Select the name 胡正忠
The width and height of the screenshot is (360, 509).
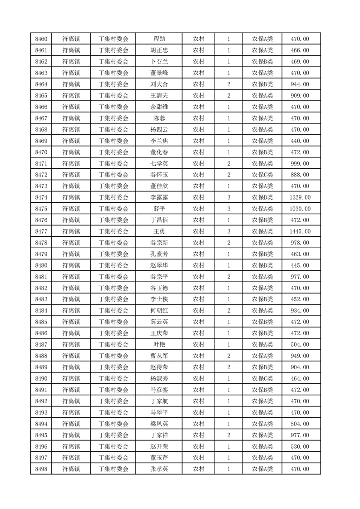159,50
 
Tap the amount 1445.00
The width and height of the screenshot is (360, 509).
300,231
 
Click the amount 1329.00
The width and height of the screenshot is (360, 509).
300,197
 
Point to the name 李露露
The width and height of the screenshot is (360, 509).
159,197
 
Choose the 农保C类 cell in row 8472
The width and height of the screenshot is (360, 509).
262,175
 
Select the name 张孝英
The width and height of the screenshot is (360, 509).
159,469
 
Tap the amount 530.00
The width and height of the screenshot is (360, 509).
300,446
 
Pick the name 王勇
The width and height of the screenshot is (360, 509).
159,231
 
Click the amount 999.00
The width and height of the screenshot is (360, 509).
300,163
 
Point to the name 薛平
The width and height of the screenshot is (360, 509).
159,209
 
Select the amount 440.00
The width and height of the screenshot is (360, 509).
300,141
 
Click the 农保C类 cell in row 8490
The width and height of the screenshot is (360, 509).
262,378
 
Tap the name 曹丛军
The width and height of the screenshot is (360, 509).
159,356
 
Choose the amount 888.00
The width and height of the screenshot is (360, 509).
300,175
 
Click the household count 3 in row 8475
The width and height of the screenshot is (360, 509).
228,209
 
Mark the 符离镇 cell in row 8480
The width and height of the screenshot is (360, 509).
71,265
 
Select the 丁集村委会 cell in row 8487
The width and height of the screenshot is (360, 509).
113,344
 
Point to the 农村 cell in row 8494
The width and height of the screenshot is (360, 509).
198,424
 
